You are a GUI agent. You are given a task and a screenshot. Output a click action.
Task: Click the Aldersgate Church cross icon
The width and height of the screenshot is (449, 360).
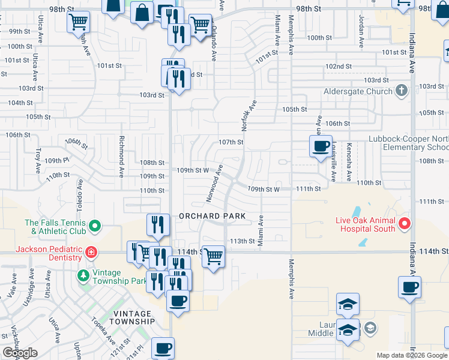tap(402, 91)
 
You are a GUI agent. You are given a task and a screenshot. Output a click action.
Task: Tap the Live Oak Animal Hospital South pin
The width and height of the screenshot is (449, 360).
tap(405, 224)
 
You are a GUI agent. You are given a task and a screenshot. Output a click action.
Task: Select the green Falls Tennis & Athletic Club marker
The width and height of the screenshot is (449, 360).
tap(94, 226)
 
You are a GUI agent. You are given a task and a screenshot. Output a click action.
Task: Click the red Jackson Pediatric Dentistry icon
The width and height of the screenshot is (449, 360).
tap(91, 253)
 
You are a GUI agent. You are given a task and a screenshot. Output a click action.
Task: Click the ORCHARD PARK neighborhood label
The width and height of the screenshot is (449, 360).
tap(212, 215)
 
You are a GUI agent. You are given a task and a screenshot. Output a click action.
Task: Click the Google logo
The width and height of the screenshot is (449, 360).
tap(20, 353)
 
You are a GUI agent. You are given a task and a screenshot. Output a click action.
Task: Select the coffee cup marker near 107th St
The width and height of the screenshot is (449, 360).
tap(321, 146)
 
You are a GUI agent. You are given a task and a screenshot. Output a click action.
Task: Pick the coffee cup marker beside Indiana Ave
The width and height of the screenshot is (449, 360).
tap(409, 287)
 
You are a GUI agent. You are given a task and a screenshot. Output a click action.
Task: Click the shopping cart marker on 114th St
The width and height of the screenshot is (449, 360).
tap(213, 257)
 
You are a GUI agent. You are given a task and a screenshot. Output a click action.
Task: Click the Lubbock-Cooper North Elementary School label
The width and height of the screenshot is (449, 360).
tap(408, 143)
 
